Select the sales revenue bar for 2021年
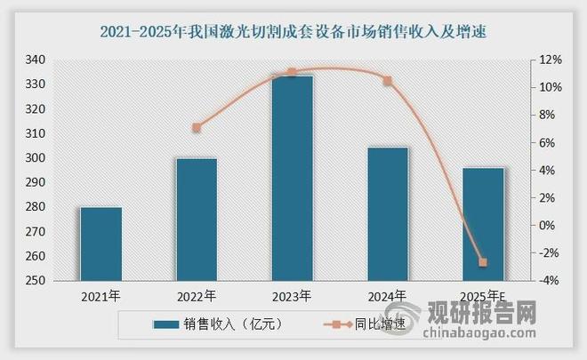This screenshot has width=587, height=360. tap(101, 244)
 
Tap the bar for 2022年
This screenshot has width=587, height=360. tap(197, 220)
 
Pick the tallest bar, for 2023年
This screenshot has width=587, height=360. tap(292, 178)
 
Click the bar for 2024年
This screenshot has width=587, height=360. tap(388, 214)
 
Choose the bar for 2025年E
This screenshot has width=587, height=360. tap(483, 224)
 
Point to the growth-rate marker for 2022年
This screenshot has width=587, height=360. tap(197, 128)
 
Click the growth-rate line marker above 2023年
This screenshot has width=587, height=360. tap(292, 72)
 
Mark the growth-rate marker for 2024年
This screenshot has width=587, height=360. tap(388, 81)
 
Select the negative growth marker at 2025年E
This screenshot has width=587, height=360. tap(483, 262)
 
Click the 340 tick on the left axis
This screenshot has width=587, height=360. tap(35, 60)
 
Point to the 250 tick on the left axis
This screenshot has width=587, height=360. tap(35, 281)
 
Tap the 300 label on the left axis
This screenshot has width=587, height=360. tap(35, 158)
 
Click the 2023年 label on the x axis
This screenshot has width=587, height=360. tap(292, 296)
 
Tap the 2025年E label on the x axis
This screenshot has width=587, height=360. tap(483, 296)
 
